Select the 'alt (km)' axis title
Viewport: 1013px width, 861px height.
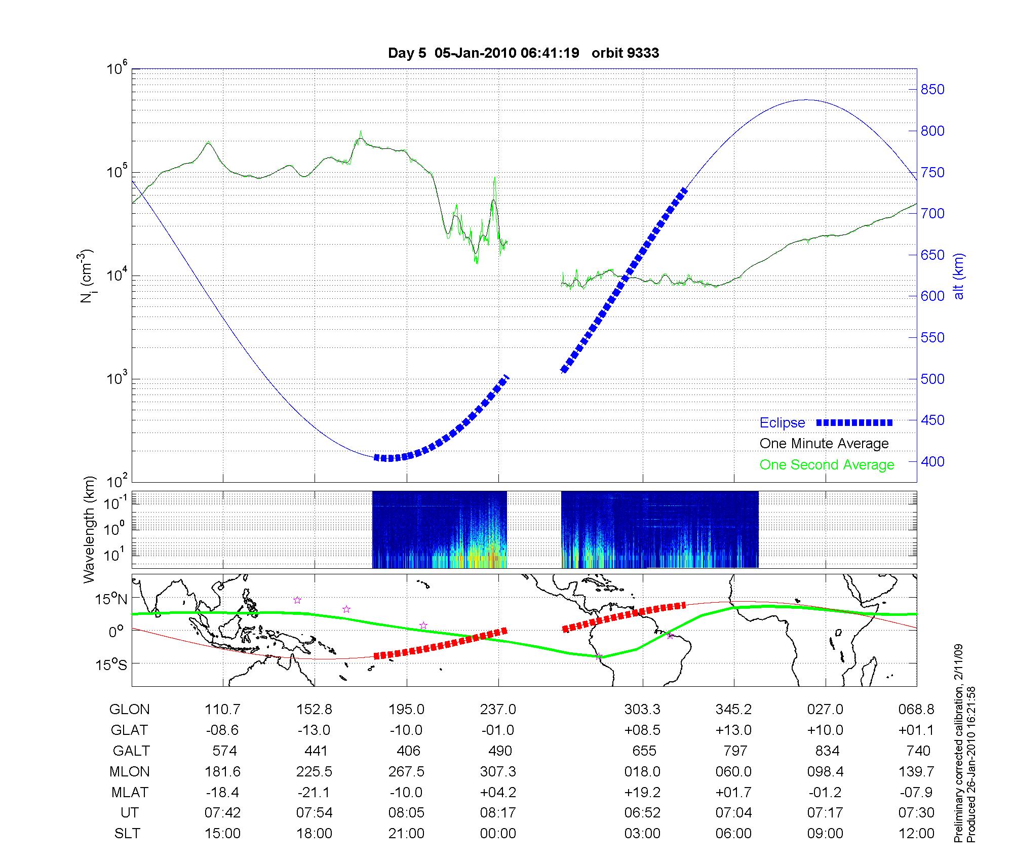click(959, 276)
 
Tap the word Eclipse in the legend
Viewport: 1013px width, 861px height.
click(782, 423)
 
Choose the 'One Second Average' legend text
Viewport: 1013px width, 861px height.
click(827, 465)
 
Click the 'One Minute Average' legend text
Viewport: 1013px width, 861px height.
click(824, 444)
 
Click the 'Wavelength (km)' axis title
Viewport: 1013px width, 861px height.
click(89, 529)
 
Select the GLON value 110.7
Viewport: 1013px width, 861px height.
click(222, 710)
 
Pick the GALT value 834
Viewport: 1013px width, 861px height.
click(827, 751)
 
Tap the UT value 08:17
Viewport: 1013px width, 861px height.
click(498, 813)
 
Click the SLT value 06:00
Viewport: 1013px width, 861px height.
click(733, 833)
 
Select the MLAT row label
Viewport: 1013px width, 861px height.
click(129, 792)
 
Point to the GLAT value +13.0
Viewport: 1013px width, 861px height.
click(733, 730)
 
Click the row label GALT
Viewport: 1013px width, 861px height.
click(131, 751)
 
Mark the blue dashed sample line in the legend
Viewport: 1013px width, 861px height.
click(854, 422)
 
